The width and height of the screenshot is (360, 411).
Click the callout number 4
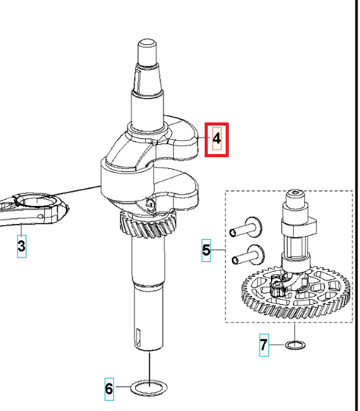click(x=217, y=138)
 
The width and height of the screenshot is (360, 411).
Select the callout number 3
click(x=21, y=246)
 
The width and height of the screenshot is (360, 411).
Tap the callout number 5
click(x=207, y=250)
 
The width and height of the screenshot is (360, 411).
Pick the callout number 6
click(x=109, y=389)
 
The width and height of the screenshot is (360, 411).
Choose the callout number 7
click(x=264, y=345)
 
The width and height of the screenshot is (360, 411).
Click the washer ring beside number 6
click(x=149, y=393)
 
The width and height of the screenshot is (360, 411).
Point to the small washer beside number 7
click(x=295, y=345)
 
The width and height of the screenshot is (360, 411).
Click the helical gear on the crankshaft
click(x=148, y=226)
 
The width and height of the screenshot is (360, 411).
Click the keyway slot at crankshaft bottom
click(x=138, y=337)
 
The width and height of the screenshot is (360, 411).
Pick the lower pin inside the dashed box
click(x=248, y=255)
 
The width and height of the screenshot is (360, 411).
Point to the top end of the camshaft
click(x=296, y=192)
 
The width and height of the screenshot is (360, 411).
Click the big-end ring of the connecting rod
click(x=37, y=202)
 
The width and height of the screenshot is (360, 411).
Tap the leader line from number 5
click(x=218, y=250)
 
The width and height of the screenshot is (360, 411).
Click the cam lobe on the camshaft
click(x=299, y=228)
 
